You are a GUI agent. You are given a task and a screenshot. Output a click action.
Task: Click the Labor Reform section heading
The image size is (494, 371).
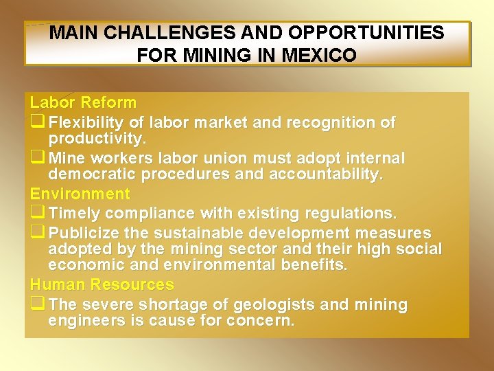83,103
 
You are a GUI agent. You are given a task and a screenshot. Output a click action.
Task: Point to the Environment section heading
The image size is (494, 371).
80,194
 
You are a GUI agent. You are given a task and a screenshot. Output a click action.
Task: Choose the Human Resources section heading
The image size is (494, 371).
102,284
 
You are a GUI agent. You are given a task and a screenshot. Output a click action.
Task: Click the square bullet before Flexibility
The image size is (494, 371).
37,122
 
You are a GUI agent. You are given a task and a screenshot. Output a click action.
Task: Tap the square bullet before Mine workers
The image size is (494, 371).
37,159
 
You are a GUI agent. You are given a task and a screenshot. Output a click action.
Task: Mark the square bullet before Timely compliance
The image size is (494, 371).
37,213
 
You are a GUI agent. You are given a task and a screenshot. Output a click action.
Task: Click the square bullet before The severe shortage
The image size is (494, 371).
37,304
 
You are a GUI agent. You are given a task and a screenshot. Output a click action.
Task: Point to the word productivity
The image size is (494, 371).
97,139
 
